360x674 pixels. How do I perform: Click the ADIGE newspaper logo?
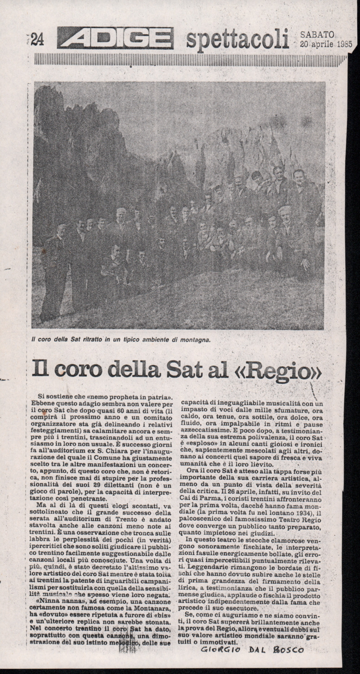(x=115, y=38)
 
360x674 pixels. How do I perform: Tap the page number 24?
(x=36, y=40)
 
